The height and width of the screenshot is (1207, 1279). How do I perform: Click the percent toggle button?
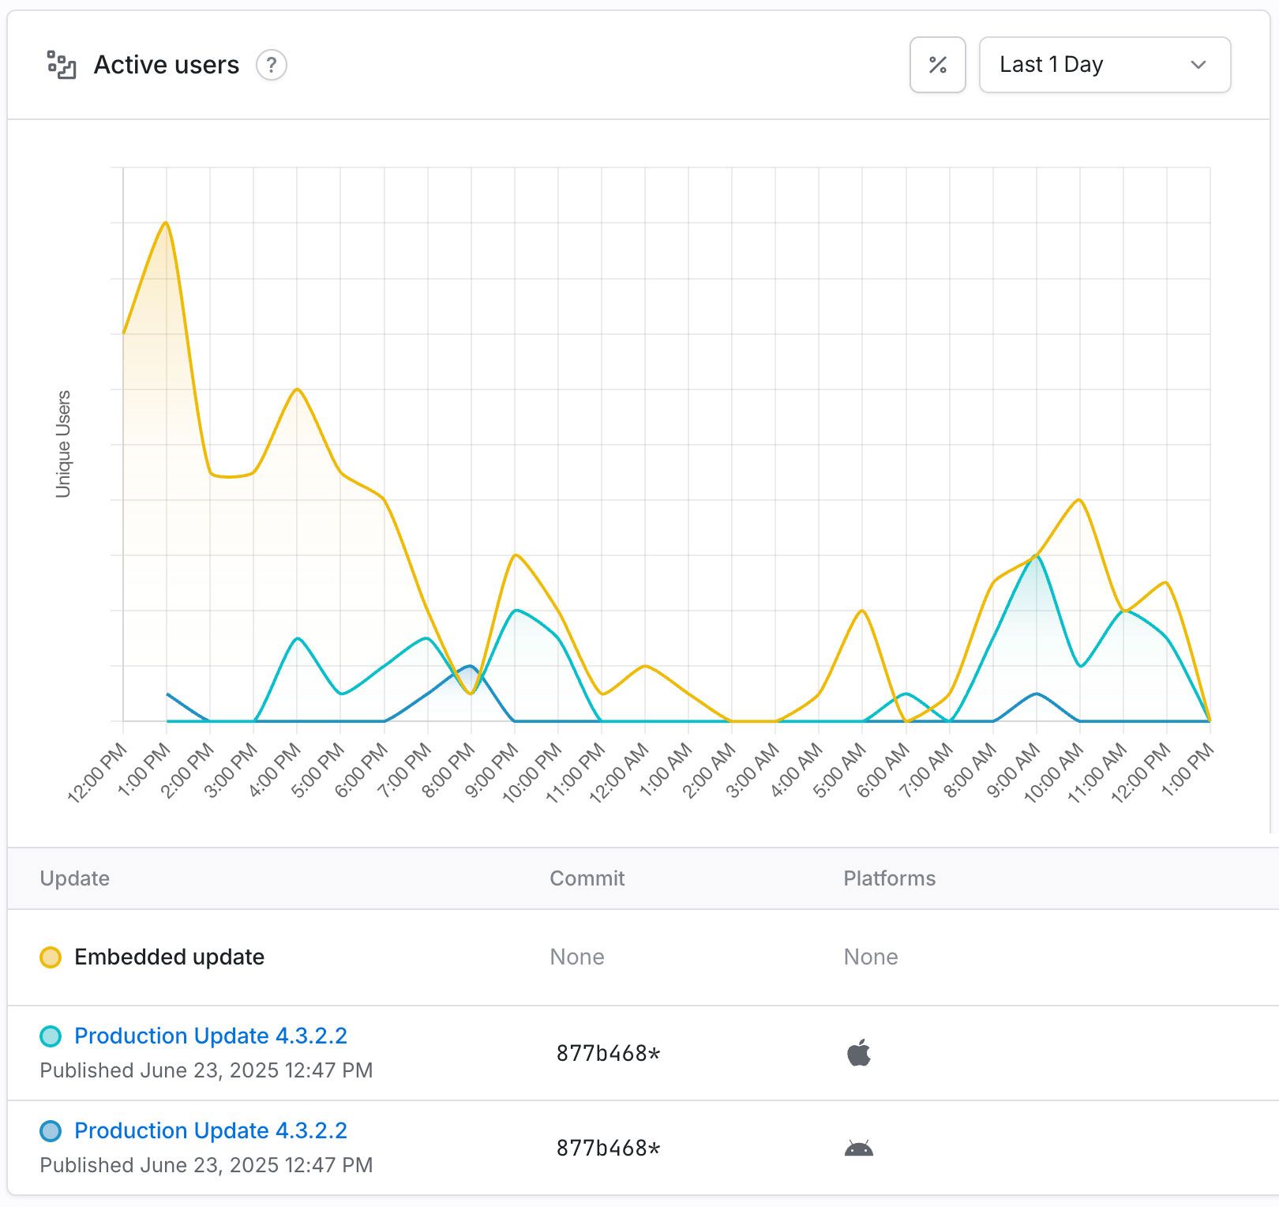pos(937,65)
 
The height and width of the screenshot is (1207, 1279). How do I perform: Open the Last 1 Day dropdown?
pos(1104,65)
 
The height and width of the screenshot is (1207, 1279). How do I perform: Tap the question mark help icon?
pos(271,65)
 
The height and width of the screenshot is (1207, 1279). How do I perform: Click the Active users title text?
pos(166,65)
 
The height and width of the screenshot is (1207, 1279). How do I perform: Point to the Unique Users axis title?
pos(63,443)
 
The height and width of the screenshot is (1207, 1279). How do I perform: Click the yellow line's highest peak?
pos(166,223)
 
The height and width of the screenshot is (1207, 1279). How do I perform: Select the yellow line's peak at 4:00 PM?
pos(297,389)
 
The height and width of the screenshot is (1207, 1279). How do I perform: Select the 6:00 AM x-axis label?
pos(883,773)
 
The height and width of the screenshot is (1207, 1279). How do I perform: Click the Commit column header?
pos(587,878)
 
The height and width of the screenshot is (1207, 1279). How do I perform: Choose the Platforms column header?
pos(889,878)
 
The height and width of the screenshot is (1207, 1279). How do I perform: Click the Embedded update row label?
pos(169,957)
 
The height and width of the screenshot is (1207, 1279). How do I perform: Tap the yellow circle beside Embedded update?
pos(51,957)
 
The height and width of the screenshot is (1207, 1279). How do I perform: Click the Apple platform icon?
pos(858,1053)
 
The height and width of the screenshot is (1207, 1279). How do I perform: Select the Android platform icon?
pos(858,1148)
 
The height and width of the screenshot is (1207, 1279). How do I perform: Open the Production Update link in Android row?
pos(211,1130)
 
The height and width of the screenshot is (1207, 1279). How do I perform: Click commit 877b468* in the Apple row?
pos(608,1053)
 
